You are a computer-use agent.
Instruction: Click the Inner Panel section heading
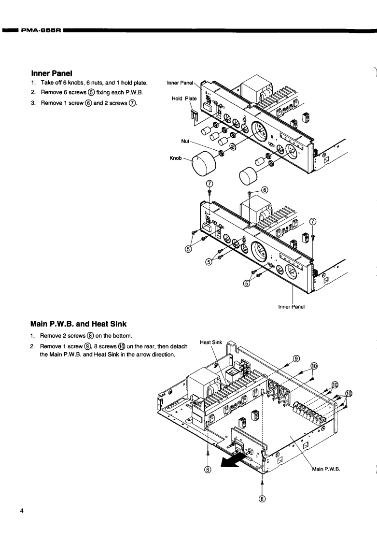pos(51,73)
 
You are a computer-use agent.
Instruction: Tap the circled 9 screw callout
pos(296,358)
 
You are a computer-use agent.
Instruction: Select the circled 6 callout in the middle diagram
pos(265,189)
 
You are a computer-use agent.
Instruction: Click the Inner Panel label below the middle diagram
pos(293,306)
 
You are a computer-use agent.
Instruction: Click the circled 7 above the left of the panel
pos(209,184)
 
